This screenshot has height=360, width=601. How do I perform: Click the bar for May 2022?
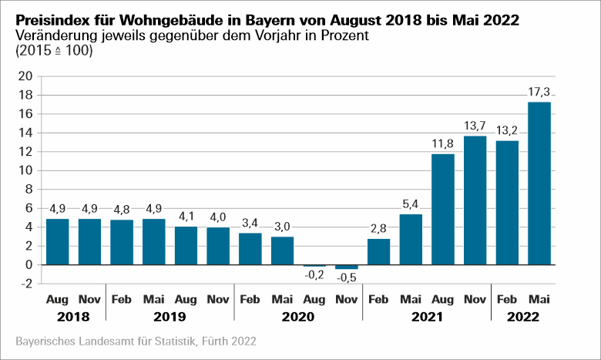pyautogui.click(x=539, y=183)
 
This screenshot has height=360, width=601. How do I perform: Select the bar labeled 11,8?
pyautogui.click(x=442, y=209)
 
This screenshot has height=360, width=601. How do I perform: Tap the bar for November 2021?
pyautogui.click(x=475, y=200)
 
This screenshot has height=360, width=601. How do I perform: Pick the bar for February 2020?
pyautogui.click(x=250, y=248)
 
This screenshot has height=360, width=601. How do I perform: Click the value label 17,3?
pyautogui.click(x=539, y=93)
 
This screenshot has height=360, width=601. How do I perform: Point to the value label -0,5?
pyautogui.click(x=346, y=278)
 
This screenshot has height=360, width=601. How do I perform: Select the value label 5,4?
pyautogui.click(x=411, y=204)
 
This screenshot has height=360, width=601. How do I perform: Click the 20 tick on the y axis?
pyautogui.click(x=25, y=76)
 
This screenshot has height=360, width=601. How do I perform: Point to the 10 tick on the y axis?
pyautogui.click(x=25, y=170)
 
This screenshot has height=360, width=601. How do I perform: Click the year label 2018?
pyautogui.click(x=74, y=317)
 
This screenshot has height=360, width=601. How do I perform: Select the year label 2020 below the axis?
pyautogui.click(x=298, y=317)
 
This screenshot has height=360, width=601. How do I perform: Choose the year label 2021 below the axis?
pyautogui.click(x=426, y=317)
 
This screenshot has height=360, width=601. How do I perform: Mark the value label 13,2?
pyautogui.click(x=506, y=131)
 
